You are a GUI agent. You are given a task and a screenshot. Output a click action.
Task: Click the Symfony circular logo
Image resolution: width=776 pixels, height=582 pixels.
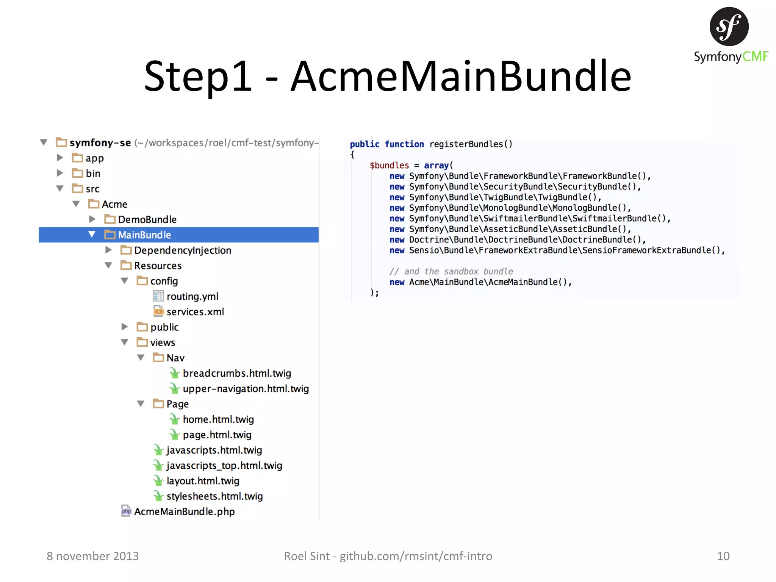(729, 27)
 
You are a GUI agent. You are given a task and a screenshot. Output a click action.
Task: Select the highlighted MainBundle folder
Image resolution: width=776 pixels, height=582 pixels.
(144, 235)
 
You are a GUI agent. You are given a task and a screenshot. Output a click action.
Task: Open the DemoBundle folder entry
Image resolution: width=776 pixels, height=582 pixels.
(147, 219)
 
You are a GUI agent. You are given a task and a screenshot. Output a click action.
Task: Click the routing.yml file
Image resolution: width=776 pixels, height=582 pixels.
(192, 296)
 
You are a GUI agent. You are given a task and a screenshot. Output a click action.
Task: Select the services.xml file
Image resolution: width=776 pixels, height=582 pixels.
(195, 312)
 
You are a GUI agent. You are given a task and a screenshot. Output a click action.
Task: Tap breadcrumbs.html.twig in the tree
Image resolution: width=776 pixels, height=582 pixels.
(236, 373)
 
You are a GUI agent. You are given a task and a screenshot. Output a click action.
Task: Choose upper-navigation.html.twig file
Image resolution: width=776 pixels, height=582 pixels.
(246, 389)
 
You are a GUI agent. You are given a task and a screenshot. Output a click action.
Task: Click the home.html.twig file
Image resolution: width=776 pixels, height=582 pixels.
(218, 419)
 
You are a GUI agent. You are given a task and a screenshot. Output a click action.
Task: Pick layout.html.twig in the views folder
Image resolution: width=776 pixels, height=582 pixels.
(203, 481)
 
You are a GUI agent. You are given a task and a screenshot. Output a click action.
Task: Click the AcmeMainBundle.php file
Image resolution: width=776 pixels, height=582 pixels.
(184, 512)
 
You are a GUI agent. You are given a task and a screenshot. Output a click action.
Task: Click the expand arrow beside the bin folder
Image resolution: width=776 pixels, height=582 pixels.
(60, 173)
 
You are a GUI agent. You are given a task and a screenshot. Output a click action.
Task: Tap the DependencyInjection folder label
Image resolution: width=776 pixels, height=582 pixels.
(182, 250)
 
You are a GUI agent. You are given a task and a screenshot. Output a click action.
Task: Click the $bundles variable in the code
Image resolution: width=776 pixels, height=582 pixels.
(389, 166)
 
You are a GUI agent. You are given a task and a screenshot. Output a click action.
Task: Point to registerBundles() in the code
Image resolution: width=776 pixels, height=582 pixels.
(471, 144)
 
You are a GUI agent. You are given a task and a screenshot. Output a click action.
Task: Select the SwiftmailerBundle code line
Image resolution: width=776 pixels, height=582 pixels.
(530, 219)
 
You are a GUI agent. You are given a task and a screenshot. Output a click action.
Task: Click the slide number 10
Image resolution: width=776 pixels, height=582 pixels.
(723, 556)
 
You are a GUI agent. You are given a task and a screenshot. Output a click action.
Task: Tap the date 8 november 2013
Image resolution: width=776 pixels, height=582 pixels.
(92, 556)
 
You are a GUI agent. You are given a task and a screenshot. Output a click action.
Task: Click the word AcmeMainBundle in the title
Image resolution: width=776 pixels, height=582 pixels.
(460, 77)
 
